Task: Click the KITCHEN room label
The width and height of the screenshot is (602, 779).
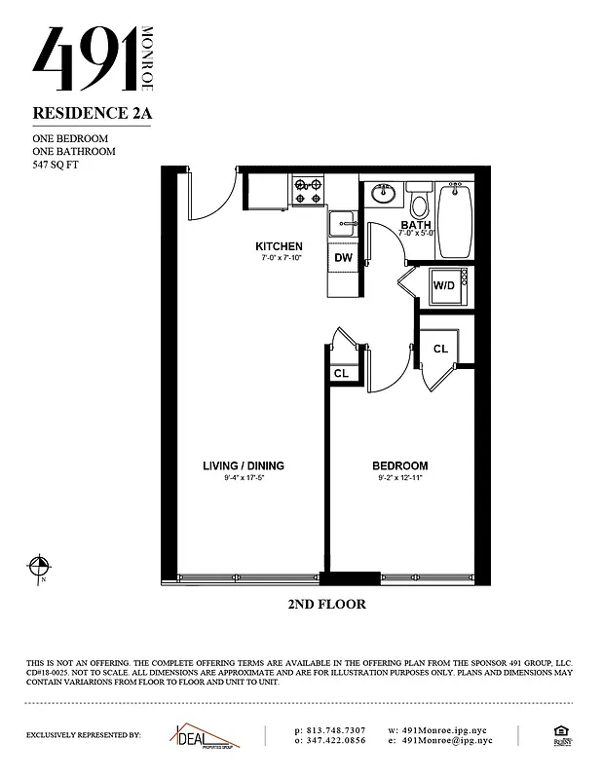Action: point(279,246)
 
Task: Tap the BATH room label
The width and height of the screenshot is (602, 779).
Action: point(416,225)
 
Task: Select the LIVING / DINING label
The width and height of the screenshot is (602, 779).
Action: point(244,465)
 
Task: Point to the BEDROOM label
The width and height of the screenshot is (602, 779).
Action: point(400,465)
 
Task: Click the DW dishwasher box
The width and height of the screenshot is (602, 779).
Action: point(343,258)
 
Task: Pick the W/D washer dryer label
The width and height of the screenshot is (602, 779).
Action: point(444,285)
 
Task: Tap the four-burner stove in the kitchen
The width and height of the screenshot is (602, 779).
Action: point(309,189)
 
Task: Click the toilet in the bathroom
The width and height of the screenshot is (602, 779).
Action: point(420,204)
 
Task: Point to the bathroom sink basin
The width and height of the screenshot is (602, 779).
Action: point(383,194)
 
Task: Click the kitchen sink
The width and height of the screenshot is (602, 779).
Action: point(343,223)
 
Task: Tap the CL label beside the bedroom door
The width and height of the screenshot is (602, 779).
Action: point(341,373)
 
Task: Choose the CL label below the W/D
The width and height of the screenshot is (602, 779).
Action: point(440,349)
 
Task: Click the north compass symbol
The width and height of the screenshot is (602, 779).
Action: point(39,567)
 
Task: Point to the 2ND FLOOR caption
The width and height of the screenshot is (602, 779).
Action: point(326,605)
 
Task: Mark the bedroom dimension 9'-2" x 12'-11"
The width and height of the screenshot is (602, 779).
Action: point(400,478)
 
